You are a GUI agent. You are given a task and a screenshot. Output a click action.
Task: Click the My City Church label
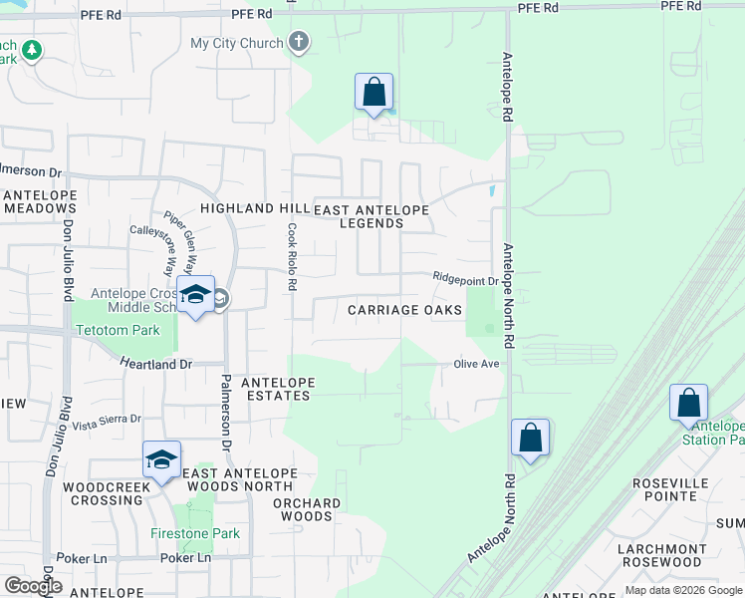click(x=238, y=44)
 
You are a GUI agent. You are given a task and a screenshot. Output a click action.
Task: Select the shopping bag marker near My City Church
click(x=373, y=93)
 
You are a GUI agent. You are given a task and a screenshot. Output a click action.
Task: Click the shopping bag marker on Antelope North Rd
click(x=530, y=438)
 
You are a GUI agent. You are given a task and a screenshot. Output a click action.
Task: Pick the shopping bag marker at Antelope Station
click(x=688, y=404)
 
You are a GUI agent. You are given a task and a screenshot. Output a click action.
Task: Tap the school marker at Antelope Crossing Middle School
click(x=195, y=295)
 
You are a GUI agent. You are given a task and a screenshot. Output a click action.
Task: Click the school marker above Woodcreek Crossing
click(x=161, y=459)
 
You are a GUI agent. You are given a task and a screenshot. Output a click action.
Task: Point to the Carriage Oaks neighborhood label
click(x=404, y=310)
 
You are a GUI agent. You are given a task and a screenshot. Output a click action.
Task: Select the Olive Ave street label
click(x=477, y=365)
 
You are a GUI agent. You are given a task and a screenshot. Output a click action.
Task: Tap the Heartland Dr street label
click(x=156, y=365)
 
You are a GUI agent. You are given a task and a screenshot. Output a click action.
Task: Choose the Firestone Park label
click(x=195, y=533)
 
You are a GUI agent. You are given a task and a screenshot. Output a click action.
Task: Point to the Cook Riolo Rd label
click(x=292, y=256)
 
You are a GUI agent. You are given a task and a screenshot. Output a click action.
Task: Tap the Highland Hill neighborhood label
click(x=254, y=208)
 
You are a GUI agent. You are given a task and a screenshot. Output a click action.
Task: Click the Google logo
click(x=34, y=586)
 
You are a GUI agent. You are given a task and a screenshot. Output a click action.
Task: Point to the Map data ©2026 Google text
click(x=682, y=590)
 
